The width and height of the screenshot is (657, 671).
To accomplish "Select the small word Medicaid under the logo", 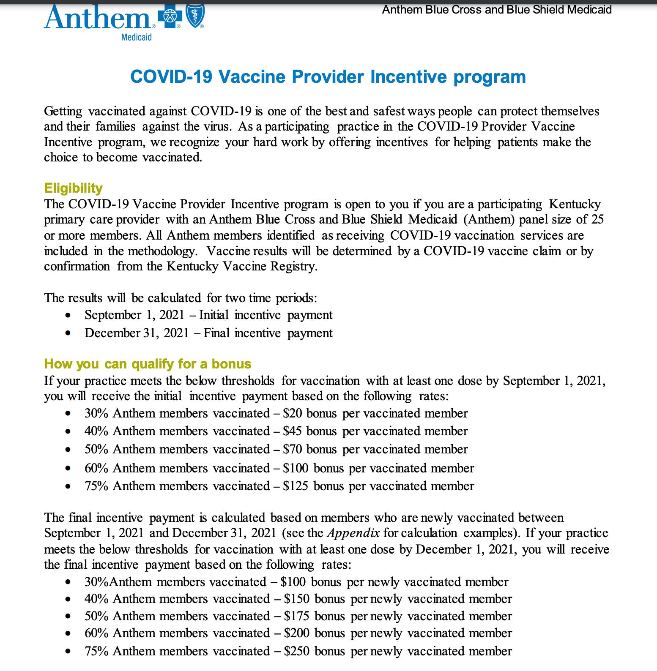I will (136, 37).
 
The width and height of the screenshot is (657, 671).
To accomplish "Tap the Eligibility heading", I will (73, 188).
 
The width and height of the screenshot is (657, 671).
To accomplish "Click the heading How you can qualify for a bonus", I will (148, 364).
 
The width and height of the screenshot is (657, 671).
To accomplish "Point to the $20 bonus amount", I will (292, 413).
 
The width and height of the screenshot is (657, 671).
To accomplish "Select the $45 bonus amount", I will (292, 431).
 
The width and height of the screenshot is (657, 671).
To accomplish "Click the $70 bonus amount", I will (292, 449).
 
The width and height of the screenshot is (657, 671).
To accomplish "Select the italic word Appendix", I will (353, 533).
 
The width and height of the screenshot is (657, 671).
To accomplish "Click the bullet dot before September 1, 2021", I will (68, 315).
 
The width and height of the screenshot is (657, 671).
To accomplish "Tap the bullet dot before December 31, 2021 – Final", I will (68, 333).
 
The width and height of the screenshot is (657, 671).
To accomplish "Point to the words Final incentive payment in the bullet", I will (268, 333).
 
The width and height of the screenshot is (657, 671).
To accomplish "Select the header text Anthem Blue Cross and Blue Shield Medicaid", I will (497, 9).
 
